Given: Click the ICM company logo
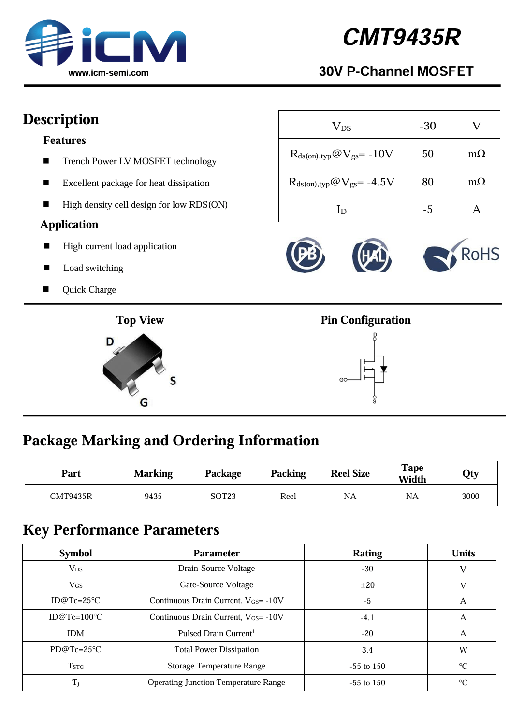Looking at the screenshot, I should point(105,43).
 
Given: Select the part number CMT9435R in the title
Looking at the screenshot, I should point(401,37).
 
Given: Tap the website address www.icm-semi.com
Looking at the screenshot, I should point(108,73).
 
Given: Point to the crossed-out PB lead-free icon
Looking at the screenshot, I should point(306,255).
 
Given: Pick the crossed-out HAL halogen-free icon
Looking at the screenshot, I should point(372,255).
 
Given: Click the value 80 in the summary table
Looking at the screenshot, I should point(427,182).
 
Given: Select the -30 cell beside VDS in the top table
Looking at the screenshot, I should point(427,126).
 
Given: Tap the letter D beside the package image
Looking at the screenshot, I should point(110,342).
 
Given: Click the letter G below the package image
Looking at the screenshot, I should point(144,402).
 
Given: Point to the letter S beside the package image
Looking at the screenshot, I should point(173,381).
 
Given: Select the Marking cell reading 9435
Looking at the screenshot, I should point(153,496).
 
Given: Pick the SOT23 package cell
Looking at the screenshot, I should point(223,496).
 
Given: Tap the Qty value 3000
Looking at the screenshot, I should point(470,496).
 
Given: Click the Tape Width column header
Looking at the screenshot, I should point(412,473).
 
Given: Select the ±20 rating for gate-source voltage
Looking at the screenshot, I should point(367,585).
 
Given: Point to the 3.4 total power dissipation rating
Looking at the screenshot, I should point(367,650).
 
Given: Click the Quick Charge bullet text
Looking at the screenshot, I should point(89,290).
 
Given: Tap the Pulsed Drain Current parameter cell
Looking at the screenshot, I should point(216,633).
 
